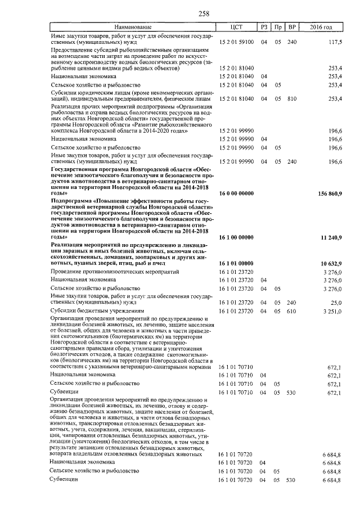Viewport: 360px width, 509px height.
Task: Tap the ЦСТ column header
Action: tap(236, 27)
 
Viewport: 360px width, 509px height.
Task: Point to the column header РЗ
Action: tap(263, 27)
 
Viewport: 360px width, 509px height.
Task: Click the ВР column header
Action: tap(291, 27)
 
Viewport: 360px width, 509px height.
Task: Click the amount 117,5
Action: tap(335, 42)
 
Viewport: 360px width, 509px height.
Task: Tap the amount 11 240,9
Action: tap(332, 237)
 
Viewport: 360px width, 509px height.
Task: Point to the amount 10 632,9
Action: tap(332, 263)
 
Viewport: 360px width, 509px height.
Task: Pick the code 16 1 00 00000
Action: tap(236, 237)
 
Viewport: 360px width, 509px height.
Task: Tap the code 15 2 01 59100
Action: tap(236, 42)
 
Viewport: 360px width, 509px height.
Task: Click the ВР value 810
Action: tap(291, 98)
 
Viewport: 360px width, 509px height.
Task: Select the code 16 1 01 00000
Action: tap(236, 263)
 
